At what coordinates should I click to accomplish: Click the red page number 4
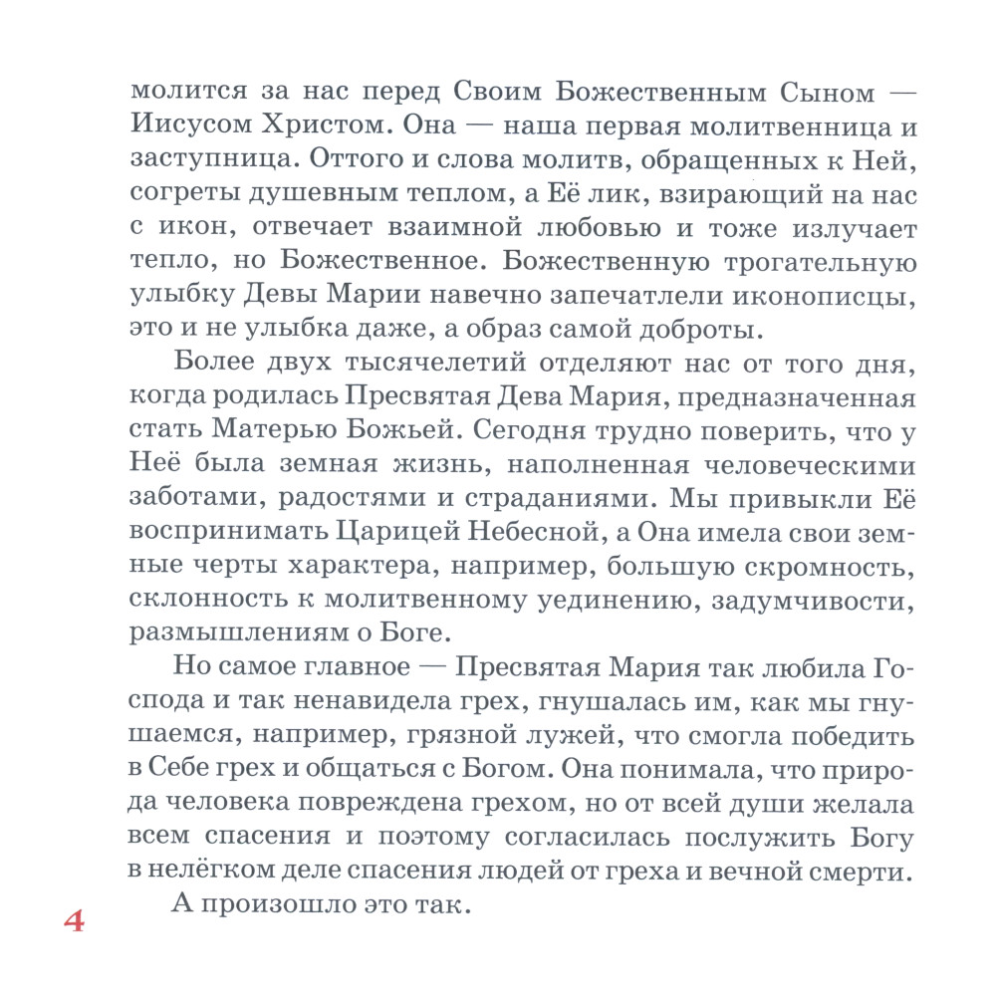point(74,919)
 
